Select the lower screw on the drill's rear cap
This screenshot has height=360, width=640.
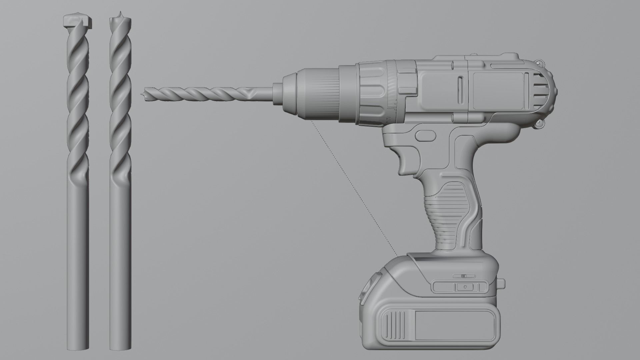click(x=540, y=124)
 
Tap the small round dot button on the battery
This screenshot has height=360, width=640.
click(x=465, y=286)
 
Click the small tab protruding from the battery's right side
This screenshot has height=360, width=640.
click(x=502, y=284)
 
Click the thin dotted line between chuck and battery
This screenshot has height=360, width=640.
click(x=353, y=187)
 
